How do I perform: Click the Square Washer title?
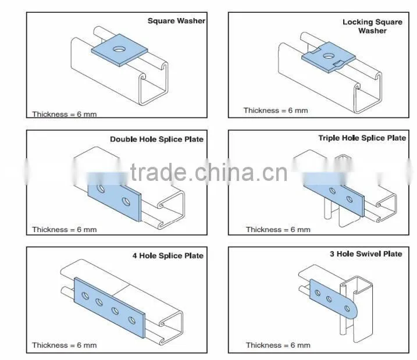(176, 21)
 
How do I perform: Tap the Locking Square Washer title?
(372, 26)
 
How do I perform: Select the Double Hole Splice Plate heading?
(156, 140)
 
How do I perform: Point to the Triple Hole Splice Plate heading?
(362, 138)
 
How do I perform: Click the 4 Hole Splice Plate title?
(168, 256)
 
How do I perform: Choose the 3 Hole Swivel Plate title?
(366, 254)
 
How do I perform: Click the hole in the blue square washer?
(119, 49)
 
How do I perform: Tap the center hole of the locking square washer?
(329, 56)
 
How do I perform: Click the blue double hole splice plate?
(115, 198)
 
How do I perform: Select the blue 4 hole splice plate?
(109, 308)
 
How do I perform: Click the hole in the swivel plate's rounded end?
(347, 309)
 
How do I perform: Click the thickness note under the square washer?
(65, 115)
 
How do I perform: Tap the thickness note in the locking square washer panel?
(276, 111)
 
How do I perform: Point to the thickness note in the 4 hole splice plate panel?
(65, 345)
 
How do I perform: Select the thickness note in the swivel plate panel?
(278, 345)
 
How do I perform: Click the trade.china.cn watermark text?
(209, 172)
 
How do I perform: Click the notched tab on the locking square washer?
(339, 64)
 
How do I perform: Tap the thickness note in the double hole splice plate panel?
(65, 230)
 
